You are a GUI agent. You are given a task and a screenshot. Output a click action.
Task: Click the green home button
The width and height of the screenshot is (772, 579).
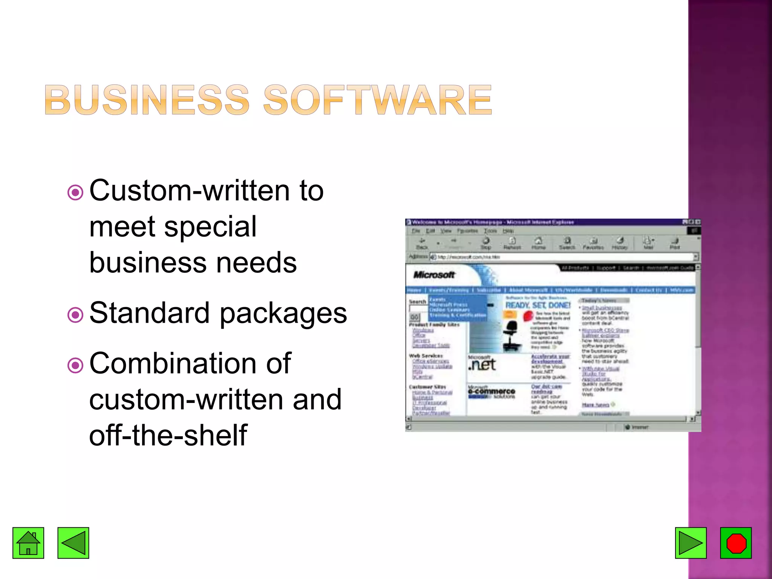point(28,543)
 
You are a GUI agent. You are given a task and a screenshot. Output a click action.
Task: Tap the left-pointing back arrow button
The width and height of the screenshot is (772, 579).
point(73,543)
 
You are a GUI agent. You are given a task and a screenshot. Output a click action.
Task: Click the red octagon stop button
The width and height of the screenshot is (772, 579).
point(736,543)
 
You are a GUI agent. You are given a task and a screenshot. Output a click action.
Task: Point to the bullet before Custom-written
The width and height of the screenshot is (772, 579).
point(75,193)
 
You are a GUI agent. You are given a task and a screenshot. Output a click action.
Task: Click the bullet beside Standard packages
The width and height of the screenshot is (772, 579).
point(75,315)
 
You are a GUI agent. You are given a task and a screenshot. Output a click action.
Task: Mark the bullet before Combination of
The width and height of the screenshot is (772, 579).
point(75,365)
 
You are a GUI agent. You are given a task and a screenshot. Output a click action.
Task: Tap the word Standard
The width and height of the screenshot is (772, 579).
point(149,313)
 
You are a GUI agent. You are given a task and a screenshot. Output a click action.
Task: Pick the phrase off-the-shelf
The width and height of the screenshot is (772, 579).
point(168,435)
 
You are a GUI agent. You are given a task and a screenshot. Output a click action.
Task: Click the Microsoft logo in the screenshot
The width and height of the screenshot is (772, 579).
point(434,275)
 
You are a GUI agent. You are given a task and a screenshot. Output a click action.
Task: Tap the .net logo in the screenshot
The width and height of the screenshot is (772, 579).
point(482,365)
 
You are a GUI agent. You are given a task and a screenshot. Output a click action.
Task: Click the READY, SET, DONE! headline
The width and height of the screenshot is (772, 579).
point(538,305)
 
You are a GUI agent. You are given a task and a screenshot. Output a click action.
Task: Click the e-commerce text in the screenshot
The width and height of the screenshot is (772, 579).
point(492,392)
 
